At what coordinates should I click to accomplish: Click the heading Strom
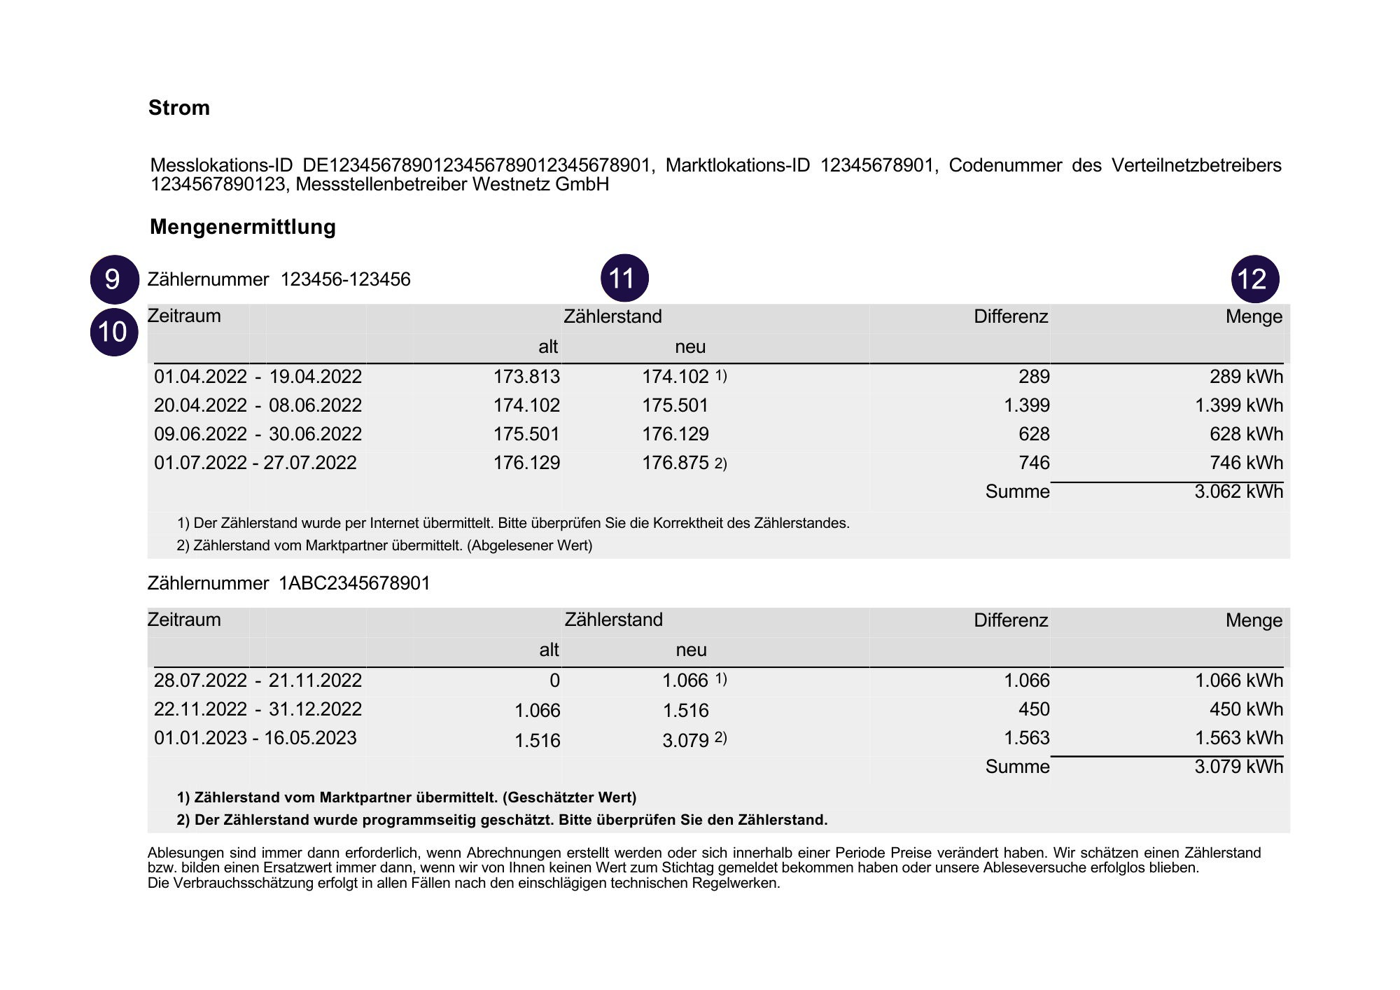pyautogui.click(x=178, y=108)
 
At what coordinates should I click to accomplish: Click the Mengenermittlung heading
pyautogui.click(x=242, y=227)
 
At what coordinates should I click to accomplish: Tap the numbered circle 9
pyautogui.click(x=113, y=279)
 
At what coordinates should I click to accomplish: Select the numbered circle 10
pyautogui.click(x=113, y=332)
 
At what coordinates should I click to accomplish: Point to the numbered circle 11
pyautogui.click(x=624, y=279)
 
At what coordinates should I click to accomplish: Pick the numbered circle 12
pyautogui.click(x=1254, y=279)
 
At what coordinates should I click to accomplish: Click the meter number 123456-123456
pyautogui.click(x=345, y=280)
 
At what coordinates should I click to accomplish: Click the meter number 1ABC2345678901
pyautogui.click(x=354, y=583)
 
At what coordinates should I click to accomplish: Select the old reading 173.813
pyautogui.click(x=526, y=377)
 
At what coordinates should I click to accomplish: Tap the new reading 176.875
pyautogui.click(x=675, y=463)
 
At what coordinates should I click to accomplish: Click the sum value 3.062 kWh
pyautogui.click(x=1238, y=491)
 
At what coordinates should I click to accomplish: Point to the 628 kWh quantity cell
pyautogui.click(x=1246, y=434)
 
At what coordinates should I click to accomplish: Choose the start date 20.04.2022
pyautogui.click(x=200, y=405)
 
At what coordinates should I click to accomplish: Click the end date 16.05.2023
pyautogui.click(x=309, y=738)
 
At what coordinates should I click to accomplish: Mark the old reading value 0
pyautogui.click(x=554, y=681)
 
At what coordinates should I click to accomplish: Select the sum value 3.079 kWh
pyautogui.click(x=1238, y=767)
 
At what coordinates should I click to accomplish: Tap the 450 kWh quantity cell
pyautogui.click(x=1246, y=709)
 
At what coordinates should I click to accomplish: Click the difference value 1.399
pyautogui.click(x=1026, y=405)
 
